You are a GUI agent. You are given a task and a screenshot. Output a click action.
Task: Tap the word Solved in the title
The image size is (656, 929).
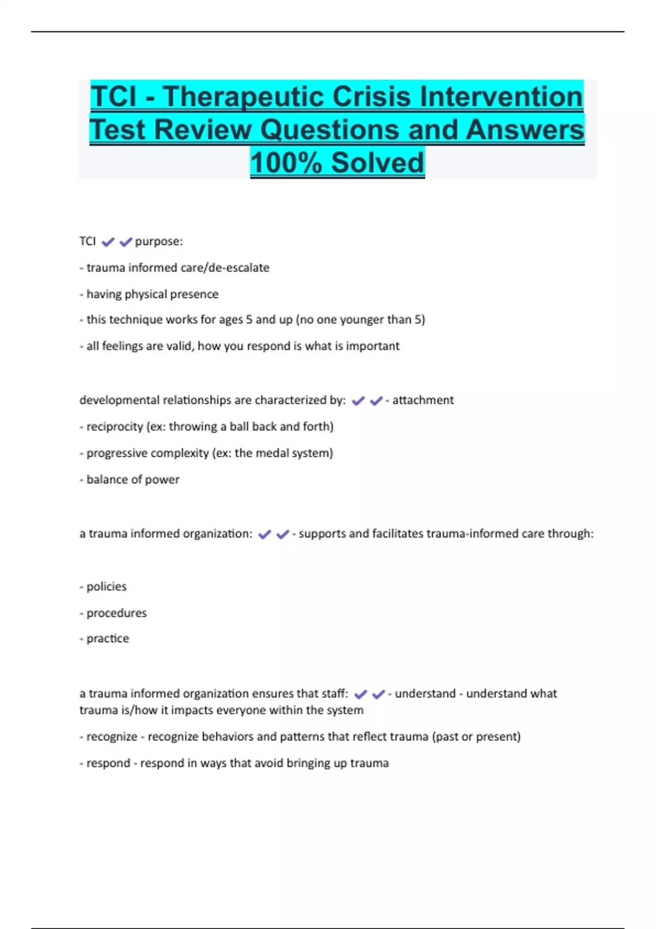pyautogui.click(x=377, y=163)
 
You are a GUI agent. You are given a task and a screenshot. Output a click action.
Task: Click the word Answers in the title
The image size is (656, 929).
pyautogui.click(x=525, y=130)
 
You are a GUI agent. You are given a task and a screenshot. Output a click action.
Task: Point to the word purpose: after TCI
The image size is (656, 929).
pyautogui.click(x=159, y=242)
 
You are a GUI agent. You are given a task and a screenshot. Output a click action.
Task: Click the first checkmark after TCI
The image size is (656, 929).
pyautogui.click(x=108, y=242)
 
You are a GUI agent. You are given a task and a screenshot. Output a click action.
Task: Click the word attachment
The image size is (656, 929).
pyautogui.click(x=423, y=400)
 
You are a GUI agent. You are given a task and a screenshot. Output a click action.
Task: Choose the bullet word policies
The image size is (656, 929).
pyautogui.click(x=106, y=586)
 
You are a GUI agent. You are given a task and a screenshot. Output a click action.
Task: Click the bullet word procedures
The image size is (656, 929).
pyautogui.click(x=116, y=613)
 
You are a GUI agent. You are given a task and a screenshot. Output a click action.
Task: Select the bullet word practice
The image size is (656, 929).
pyautogui.click(x=108, y=638)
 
